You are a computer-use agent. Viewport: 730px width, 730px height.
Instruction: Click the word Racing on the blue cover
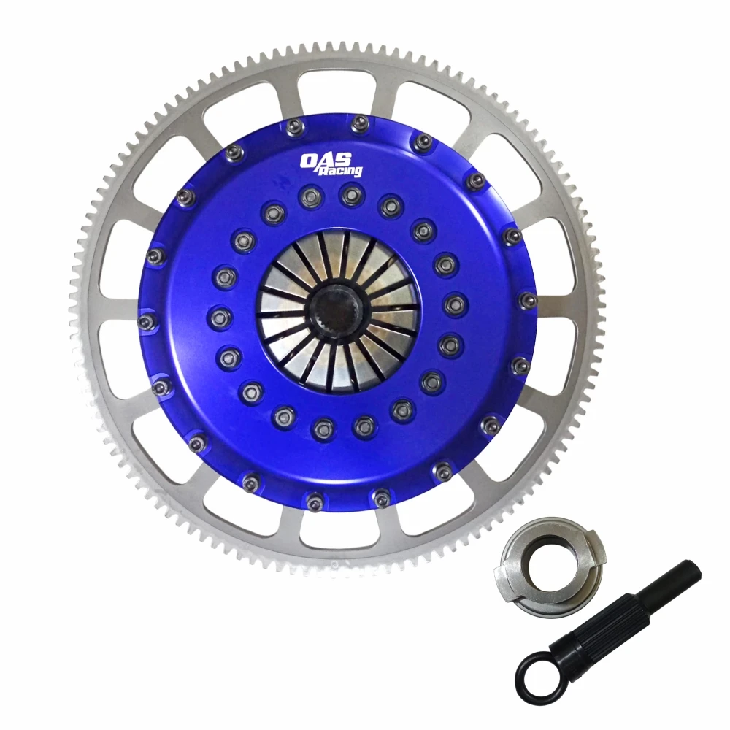[x=342, y=169]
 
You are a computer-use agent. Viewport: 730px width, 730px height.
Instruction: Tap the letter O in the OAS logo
[x=311, y=159]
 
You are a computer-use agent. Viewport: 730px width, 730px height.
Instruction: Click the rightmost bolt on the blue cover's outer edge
[x=528, y=300]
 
